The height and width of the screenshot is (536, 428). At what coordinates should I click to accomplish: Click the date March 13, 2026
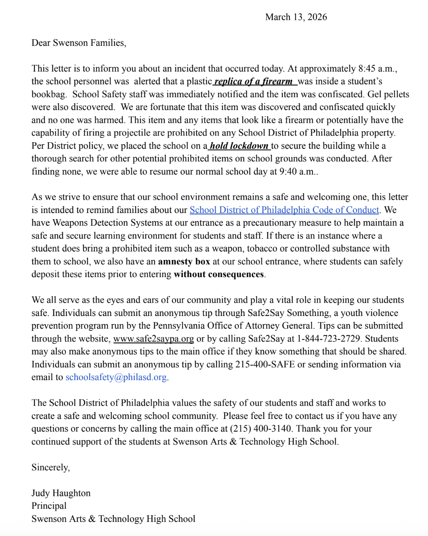click(x=296, y=17)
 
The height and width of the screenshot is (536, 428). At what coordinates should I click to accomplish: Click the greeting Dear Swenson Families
click(x=79, y=43)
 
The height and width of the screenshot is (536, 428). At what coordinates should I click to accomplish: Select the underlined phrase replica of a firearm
click(x=254, y=81)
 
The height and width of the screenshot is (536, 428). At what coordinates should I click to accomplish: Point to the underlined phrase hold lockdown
click(x=239, y=146)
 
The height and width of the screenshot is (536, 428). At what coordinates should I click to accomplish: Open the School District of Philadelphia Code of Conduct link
click(x=284, y=210)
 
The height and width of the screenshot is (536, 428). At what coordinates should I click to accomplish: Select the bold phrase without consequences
click(x=219, y=275)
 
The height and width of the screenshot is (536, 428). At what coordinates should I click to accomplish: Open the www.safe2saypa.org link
click(x=154, y=339)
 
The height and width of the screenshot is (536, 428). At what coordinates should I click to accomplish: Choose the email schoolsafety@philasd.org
click(x=116, y=378)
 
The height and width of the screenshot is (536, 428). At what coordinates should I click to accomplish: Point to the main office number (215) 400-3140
click(x=261, y=429)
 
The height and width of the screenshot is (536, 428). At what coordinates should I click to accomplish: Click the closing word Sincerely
click(x=50, y=467)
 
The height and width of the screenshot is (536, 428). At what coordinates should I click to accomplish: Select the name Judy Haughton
click(x=61, y=493)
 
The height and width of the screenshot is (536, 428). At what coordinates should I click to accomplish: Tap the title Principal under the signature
click(x=49, y=506)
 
